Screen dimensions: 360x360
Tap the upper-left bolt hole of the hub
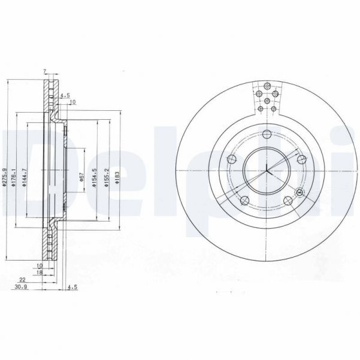pyautogui.click(x=231, y=159)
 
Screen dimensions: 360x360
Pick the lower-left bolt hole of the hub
pyautogui.click(x=245, y=201)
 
